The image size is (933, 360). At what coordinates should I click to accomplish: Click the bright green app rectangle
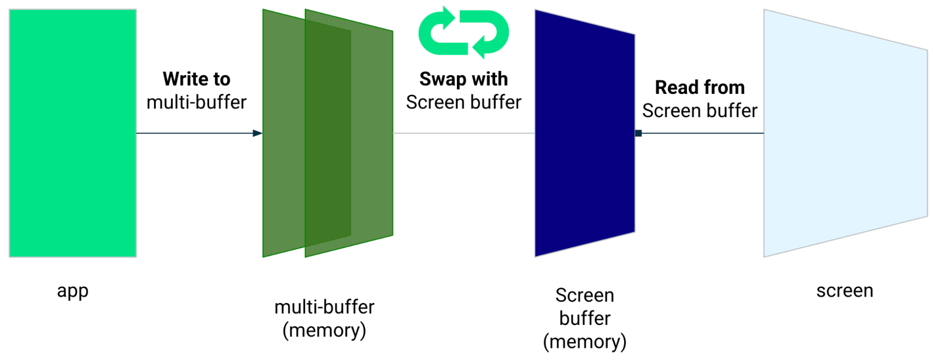click(73, 133)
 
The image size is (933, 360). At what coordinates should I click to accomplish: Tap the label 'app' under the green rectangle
click(73, 291)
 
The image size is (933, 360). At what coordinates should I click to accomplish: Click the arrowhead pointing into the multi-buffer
click(257, 134)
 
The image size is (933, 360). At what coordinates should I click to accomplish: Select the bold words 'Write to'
click(196, 79)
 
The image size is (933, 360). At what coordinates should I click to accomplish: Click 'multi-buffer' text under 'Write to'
click(196, 102)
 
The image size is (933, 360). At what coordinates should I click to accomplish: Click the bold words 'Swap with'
click(463, 79)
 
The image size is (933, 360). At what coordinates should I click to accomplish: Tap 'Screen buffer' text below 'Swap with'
click(463, 102)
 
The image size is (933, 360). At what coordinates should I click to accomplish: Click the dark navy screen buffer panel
click(584, 133)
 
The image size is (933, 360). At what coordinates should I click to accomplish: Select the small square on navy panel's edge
click(638, 134)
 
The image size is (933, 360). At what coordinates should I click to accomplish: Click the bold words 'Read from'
click(700, 87)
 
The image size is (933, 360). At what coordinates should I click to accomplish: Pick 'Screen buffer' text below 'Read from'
click(700, 111)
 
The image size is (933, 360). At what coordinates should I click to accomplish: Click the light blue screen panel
click(845, 133)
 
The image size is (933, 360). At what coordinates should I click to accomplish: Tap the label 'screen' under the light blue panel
click(845, 291)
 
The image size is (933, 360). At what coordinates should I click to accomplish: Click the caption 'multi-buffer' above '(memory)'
click(324, 307)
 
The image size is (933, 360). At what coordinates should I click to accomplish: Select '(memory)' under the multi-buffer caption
click(324, 331)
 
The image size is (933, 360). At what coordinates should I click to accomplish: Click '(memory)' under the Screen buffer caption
click(585, 342)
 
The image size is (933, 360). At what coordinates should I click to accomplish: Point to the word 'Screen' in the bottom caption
click(585, 295)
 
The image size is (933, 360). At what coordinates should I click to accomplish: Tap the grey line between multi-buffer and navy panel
click(463, 134)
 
